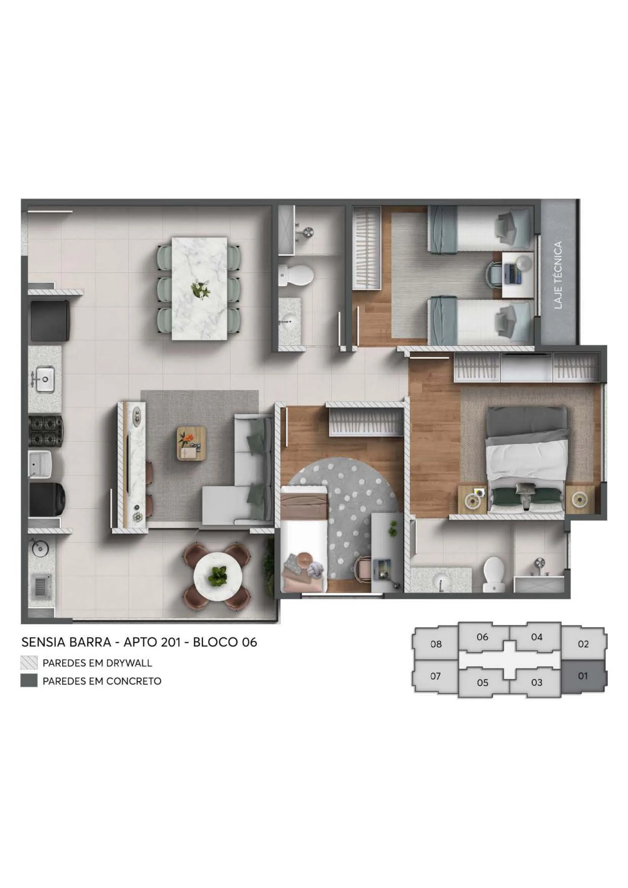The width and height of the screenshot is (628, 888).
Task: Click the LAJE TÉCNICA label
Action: [x=558, y=275]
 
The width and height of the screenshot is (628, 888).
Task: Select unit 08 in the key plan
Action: [x=436, y=644]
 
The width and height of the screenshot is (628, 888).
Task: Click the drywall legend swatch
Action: [x=29, y=663]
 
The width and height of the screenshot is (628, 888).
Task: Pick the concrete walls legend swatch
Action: [x=29, y=681]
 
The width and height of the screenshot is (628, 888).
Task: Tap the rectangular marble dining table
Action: [x=199, y=288]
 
